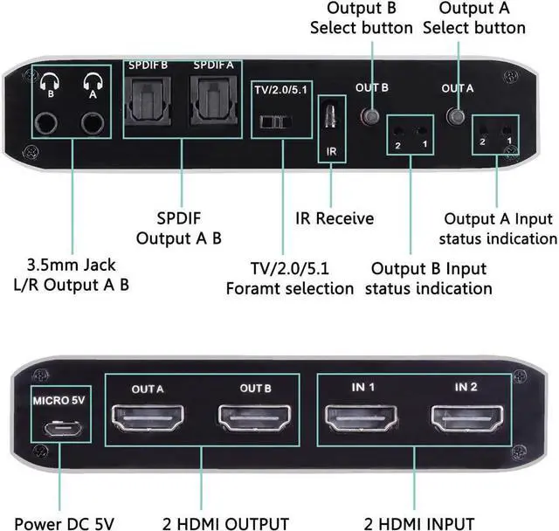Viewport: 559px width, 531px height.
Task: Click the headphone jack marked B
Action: click(x=51, y=121)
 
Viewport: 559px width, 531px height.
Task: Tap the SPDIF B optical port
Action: click(x=148, y=104)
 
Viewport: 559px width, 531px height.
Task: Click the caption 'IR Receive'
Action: click(x=332, y=218)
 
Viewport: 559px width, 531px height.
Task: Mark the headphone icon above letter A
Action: click(x=90, y=86)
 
